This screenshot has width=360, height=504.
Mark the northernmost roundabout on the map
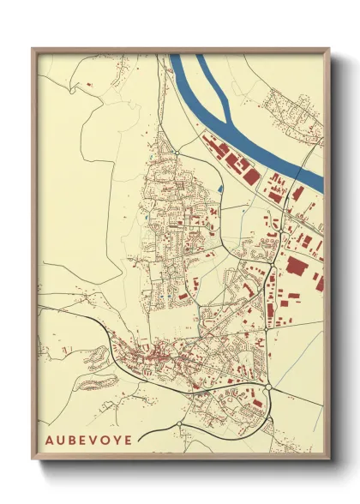(x=176, y=153)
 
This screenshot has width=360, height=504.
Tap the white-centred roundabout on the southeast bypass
(x=268, y=387)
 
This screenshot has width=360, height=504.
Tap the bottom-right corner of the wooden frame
(x=329, y=459)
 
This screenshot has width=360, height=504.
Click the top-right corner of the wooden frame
(x=329, y=49)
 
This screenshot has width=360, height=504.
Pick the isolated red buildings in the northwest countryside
(x=88, y=85)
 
